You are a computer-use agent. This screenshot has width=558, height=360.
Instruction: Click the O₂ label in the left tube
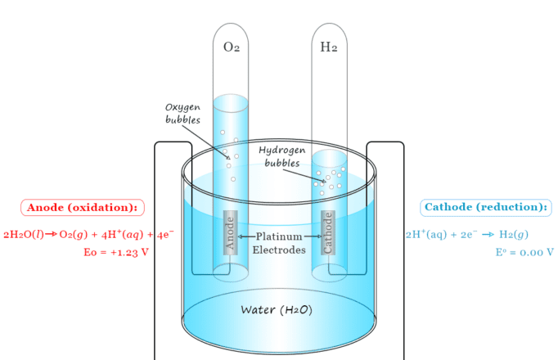(232, 47)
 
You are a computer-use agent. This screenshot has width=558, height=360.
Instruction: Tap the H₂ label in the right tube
(329, 47)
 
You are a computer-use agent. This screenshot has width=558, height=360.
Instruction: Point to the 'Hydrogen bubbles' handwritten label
(282, 156)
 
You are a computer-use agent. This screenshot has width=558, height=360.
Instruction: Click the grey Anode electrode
(230, 233)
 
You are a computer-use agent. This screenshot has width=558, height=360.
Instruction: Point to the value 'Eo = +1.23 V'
(116, 252)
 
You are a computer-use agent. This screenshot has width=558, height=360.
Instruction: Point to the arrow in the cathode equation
(488, 235)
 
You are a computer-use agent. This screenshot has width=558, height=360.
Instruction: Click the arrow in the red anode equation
(51, 235)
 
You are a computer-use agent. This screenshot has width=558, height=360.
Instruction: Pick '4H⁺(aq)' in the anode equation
(124, 235)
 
